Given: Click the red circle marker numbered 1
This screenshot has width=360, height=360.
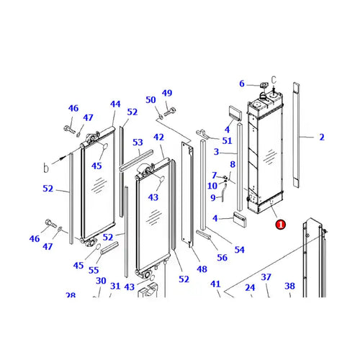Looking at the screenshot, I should click(x=280, y=225).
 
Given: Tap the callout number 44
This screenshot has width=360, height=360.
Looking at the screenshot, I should click(x=115, y=104).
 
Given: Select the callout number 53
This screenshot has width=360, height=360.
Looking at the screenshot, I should click(x=138, y=143).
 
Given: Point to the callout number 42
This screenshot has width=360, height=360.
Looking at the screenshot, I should click(x=159, y=138).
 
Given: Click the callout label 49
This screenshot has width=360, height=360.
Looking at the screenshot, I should click(x=167, y=93).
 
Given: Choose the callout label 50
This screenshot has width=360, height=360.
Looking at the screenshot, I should click(x=150, y=99).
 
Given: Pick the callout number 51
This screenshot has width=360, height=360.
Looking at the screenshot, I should click(x=227, y=141).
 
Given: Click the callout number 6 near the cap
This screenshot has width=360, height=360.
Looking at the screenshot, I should click(x=242, y=84).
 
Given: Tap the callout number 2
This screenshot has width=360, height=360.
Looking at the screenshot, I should click(x=322, y=137).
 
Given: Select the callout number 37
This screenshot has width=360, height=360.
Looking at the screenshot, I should click(x=266, y=277).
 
